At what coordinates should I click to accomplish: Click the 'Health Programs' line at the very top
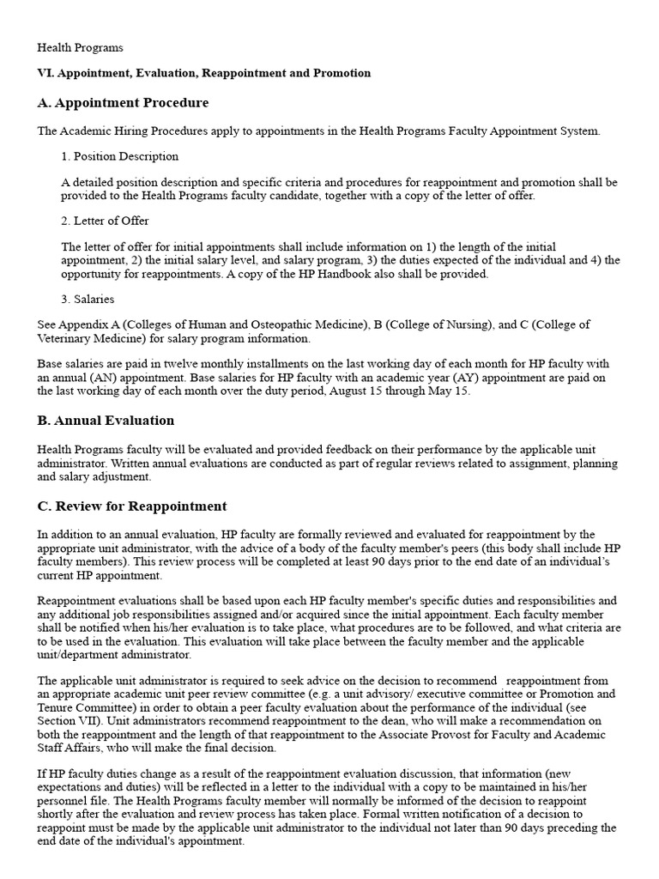tap(81, 48)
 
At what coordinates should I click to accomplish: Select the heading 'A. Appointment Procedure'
tap(123, 103)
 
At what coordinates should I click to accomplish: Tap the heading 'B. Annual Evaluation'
tap(106, 421)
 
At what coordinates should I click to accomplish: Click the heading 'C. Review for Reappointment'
tap(132, 506)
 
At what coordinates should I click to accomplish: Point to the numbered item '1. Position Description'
tap(120, 156)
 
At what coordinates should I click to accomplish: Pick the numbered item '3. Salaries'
tap(88, 299)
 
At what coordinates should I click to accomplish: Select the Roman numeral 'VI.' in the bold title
tap(45, 74)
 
